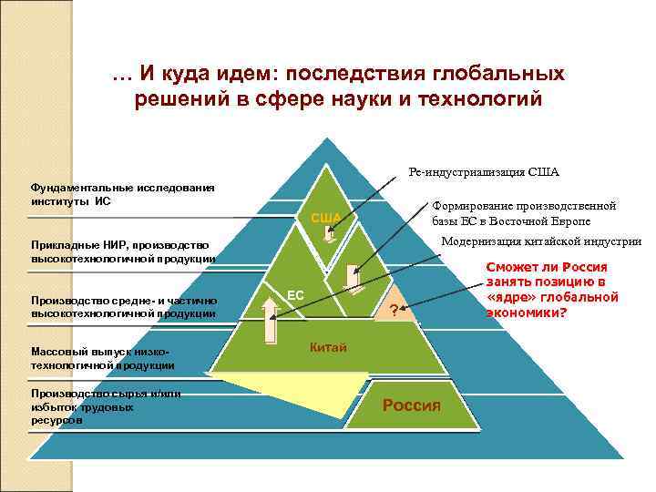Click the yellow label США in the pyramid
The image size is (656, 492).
(326, 217)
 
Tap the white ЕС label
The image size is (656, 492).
(295, 295)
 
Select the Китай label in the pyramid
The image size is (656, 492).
(327, 347)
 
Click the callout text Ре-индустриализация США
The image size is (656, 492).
(484, 171)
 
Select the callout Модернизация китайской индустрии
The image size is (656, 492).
(541, 241)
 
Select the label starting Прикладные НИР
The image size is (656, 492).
(119, 251)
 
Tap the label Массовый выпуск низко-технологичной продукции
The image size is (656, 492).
(102, 358)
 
